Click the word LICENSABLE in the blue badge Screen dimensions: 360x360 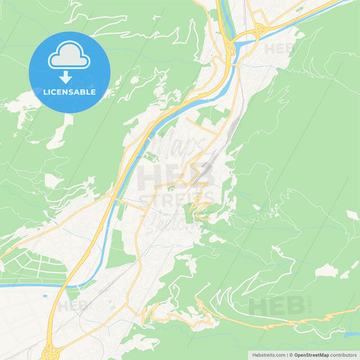point(70,91)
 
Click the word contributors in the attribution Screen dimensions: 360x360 point(344,354)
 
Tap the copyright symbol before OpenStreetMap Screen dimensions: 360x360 point(292,354)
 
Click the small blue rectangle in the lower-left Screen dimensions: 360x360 point(45,295)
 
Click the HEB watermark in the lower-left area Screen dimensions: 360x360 point(72,306)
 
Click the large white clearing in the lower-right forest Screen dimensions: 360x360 point(326,271)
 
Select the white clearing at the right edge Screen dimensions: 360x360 point(353,215)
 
